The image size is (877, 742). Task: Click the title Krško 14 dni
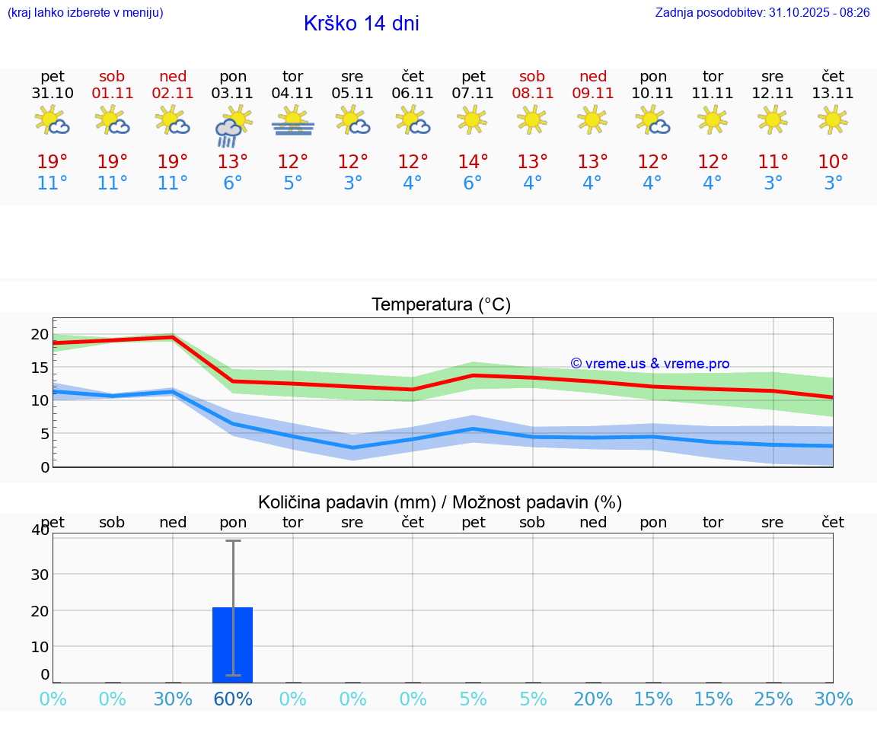tap(361, 24)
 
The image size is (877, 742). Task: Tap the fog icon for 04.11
tap(293, 121)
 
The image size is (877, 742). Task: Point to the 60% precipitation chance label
tap(233, 699)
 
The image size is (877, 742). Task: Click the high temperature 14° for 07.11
tap(473, 162)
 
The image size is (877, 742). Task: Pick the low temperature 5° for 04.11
tap(293, 183)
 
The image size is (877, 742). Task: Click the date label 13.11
tap(833, 94)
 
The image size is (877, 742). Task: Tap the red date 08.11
tap(532, 94)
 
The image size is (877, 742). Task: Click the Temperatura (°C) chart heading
tap(441, 305)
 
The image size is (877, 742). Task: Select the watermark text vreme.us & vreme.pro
tap(649, 364)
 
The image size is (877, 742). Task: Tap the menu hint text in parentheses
tap(85, 13)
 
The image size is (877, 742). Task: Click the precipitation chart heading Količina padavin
tap(440, 502)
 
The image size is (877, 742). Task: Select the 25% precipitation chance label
tap(773, 699)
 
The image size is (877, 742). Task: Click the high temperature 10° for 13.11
tap(833, 162)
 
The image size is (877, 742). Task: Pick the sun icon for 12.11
tap(773, 119)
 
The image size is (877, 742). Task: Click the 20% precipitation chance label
tap(593, 699)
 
